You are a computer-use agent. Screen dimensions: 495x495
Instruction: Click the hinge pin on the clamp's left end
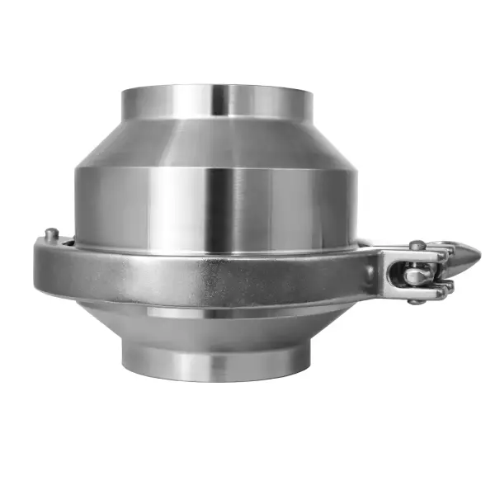point(51,234)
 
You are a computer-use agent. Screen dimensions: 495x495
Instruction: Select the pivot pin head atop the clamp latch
point(418,245)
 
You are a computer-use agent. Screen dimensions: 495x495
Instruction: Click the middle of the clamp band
point(206,272)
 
